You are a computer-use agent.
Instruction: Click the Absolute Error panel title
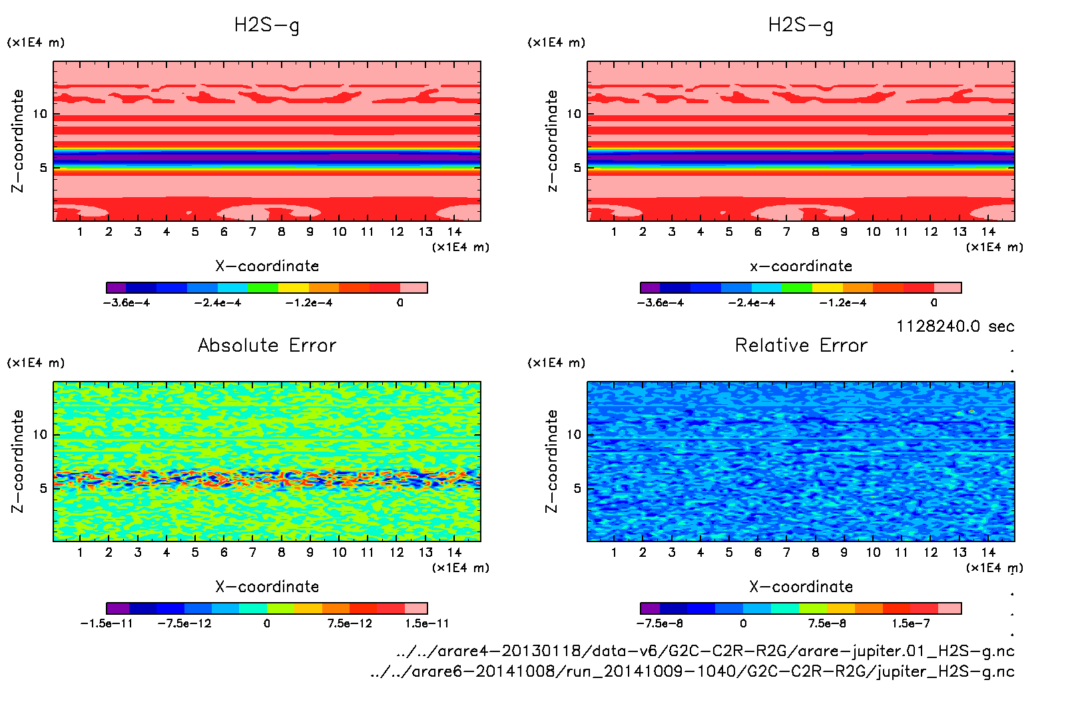click(x=267, y=345)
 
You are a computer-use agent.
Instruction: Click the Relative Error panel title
click(x=801, y=345)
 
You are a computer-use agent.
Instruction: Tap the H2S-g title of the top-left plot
click(x=267, y=25)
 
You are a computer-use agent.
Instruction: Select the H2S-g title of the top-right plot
click(x=801, y=25)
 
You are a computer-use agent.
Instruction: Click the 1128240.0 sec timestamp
click(x=955, y=326)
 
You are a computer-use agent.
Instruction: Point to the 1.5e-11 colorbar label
click(x=427, y=623)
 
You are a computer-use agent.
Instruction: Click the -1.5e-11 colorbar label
click(x=107, y=623)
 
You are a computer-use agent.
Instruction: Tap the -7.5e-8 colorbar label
click(x=660, y=623)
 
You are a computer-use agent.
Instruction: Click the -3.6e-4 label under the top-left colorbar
click(x=127, y=303)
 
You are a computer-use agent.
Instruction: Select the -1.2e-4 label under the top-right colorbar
click(x=843, y=303)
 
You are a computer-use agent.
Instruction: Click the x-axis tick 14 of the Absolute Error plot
click(x=454, y=552)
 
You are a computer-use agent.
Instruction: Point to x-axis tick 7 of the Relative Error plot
click(x=786, y=552)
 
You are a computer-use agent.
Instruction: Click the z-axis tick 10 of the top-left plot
click(x=40, y=114)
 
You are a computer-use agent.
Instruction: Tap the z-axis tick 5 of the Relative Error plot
click(x=577, y=488)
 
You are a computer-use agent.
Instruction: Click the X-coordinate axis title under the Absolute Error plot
click(x=267, y=587)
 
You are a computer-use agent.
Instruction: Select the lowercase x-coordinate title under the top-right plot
click(x=801, y=266)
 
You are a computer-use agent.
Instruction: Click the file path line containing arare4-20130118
click(x=705, y=651)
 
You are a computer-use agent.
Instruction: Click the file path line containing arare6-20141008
click(x=692, y=671)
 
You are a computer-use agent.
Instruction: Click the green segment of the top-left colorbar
click(x=262, y=288)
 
